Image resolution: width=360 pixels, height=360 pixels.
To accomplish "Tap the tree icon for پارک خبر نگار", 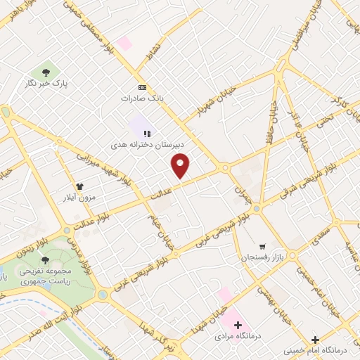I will [46, 72].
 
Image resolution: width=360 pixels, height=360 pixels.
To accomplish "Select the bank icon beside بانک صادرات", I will [143, 87].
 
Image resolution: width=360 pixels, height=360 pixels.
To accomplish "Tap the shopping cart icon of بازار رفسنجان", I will [262, 247].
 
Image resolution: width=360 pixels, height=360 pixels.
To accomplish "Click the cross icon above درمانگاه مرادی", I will [238, 326].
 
